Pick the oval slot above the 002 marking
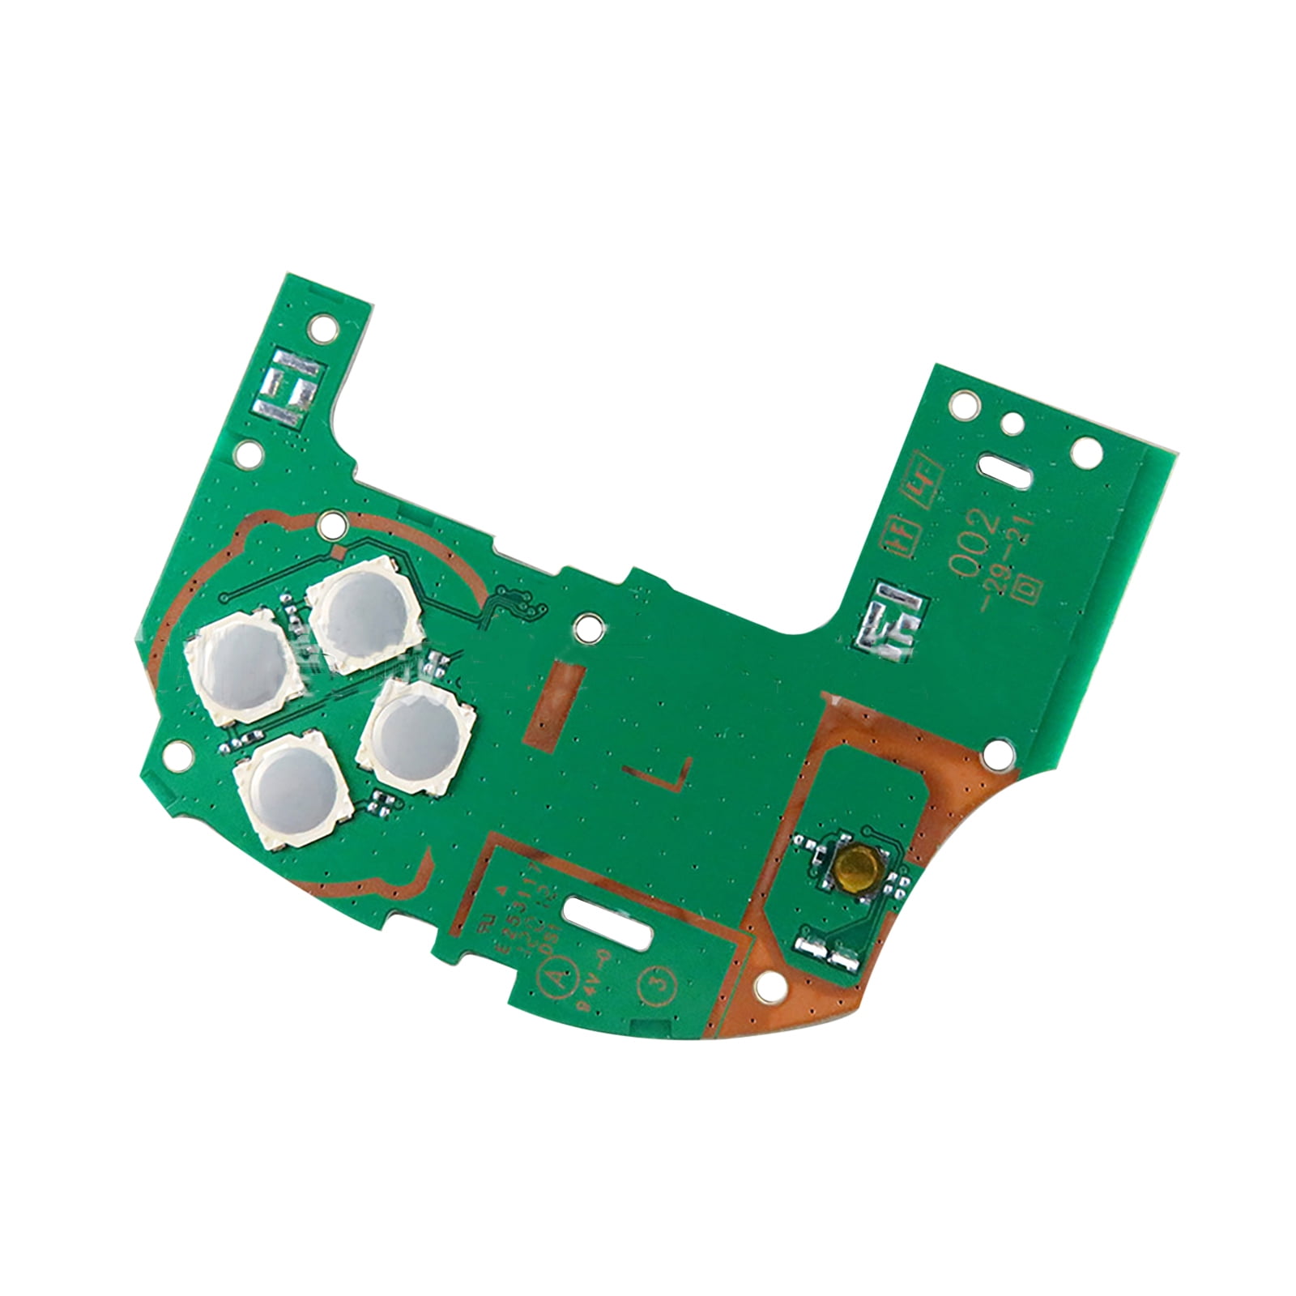[x=1004, y=469]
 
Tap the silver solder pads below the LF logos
[x=889, y=613]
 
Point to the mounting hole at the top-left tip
[x=322, y=329]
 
